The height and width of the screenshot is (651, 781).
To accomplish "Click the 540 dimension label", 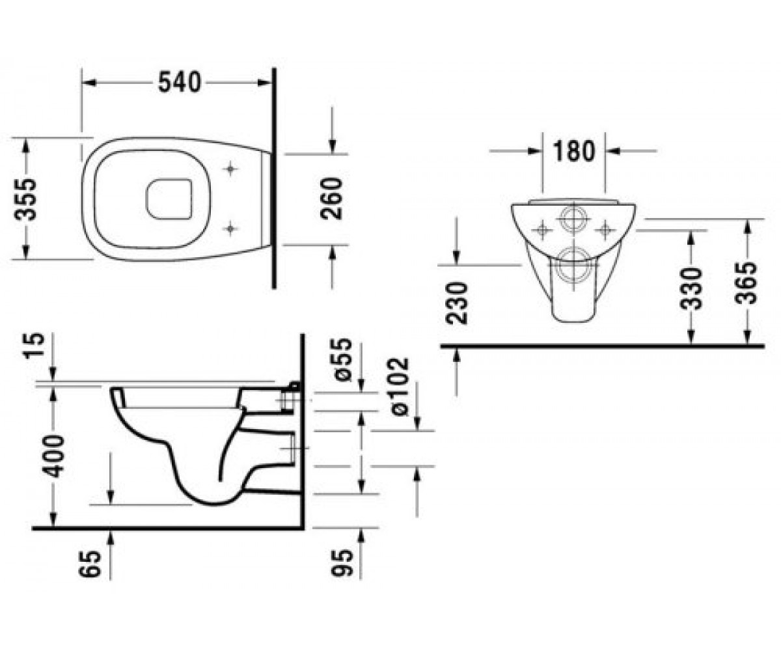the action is (180, 82).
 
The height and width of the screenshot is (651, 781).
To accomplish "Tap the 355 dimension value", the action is (25, 199).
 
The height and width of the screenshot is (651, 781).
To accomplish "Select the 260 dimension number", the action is (331, 199).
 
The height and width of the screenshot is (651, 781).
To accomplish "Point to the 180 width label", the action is (573, 151).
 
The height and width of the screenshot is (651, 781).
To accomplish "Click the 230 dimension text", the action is (457, 303).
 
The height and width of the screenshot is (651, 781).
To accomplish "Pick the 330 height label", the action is (691, 289).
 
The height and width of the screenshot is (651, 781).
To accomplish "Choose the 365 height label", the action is (746, 283).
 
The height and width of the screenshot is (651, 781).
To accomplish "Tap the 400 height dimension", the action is (53, 456).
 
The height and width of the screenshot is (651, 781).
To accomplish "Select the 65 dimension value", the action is (90, 564).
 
